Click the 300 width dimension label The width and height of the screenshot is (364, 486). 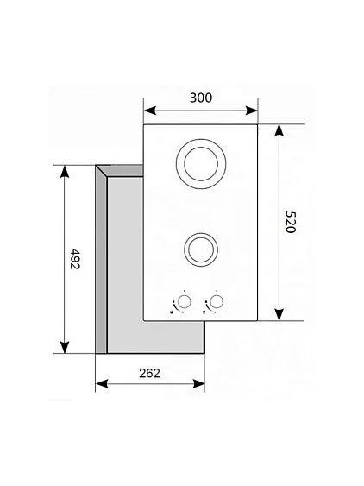pyautogui.click(x=200, y=98)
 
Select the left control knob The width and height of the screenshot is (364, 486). pyautogui.click(x=183, y=302)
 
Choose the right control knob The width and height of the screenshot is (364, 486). pyautogui.click(x=217, y=302)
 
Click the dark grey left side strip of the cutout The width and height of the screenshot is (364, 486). pyautogui.click(x=100, y=259)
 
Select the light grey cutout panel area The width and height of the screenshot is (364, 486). pyautogui.click(x=125, y=259)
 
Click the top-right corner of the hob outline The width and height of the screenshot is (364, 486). pyautogui.click(x=259, y=123)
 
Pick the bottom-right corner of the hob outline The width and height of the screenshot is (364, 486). pyautogui.click(x=259, y=320)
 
